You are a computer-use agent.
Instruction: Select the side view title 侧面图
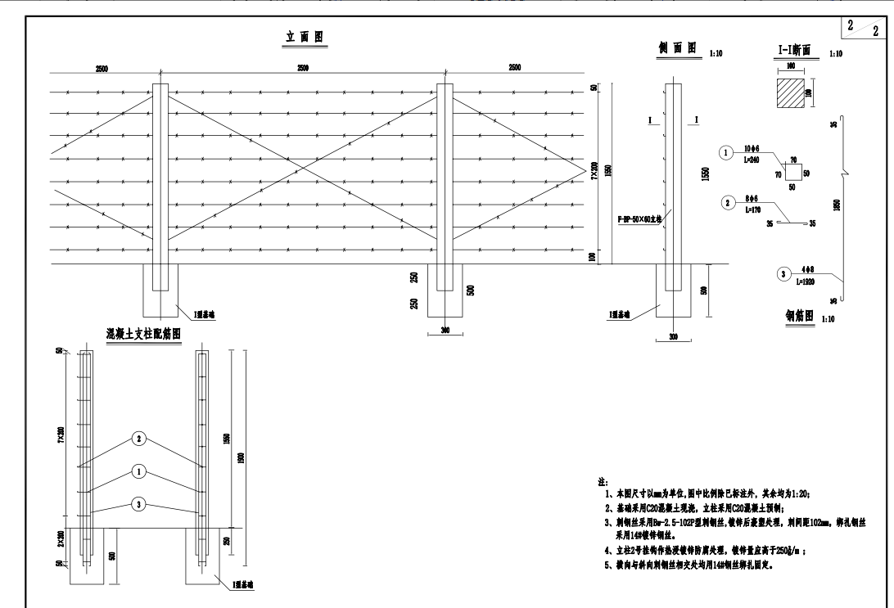tap(677, 50)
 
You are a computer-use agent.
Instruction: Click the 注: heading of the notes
tap(603, 484)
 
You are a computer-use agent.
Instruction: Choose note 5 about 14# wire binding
tap(699, 564)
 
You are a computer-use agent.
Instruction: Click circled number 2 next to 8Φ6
tap(725, 202)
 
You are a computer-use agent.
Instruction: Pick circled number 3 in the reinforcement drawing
tap(140, 505)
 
